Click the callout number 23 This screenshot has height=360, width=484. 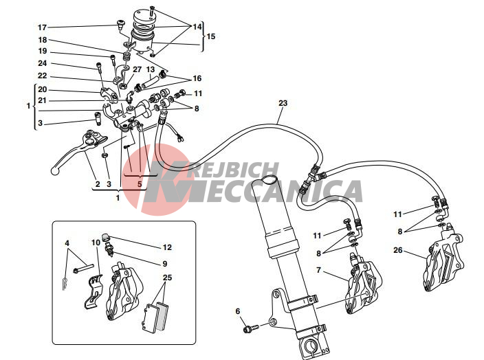[x=283, y=103]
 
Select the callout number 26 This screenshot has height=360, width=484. [x=398, y=250]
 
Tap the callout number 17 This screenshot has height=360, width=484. [x=43, y=27]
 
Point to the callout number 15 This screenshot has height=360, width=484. [x=211, y=36]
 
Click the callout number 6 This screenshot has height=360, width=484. [x=238, y=311]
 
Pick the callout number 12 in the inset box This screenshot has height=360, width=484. [x=167, y=247]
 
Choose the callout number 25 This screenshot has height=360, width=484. [x=167, y=278]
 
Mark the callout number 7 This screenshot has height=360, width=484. [x=318, y=270]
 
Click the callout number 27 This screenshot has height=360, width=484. [x=137, y=69]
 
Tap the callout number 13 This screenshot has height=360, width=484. [x=151, y=69]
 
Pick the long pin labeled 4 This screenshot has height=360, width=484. [x=83, y=269]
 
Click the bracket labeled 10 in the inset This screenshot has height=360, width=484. [x=93, y=291]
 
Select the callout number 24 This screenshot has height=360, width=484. [x=43, y=63]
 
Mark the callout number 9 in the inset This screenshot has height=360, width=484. [x=164, y=264]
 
